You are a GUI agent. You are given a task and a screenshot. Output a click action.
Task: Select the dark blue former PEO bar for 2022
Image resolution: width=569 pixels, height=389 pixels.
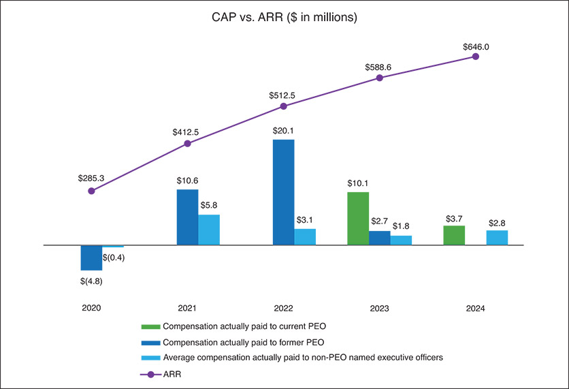(283, 192)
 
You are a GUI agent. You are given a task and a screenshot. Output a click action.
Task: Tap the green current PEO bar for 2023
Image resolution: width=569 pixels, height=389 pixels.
(358, 218)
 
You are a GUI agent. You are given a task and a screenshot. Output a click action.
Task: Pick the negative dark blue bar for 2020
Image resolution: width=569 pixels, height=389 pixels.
(91, 258)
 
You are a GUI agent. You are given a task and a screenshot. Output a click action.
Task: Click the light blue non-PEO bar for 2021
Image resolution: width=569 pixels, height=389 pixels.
(209, 230)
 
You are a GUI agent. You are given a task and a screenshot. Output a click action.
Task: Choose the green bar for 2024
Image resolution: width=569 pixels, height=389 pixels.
(454, 235)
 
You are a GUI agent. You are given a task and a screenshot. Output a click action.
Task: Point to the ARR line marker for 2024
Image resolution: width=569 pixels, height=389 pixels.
(476, 57)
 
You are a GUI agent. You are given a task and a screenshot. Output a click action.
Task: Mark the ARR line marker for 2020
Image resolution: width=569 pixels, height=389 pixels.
(91, 191)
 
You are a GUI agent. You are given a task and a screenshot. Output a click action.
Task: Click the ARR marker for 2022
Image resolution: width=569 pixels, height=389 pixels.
(283, 106)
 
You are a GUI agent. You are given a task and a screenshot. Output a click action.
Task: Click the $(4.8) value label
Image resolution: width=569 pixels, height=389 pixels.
(91, 281)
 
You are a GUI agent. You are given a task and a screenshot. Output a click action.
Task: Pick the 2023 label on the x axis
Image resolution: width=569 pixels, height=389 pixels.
(379, 309)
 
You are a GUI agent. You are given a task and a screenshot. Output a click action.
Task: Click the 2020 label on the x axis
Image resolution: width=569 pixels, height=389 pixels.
(91, 309)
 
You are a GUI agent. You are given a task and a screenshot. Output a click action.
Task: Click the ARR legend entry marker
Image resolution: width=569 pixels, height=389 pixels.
(151, 373)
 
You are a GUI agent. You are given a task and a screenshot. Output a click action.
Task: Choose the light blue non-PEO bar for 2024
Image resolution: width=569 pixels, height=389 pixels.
(497, 237)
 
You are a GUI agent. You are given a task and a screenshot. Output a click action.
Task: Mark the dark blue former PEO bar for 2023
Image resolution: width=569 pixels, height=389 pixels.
(380, 238)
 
